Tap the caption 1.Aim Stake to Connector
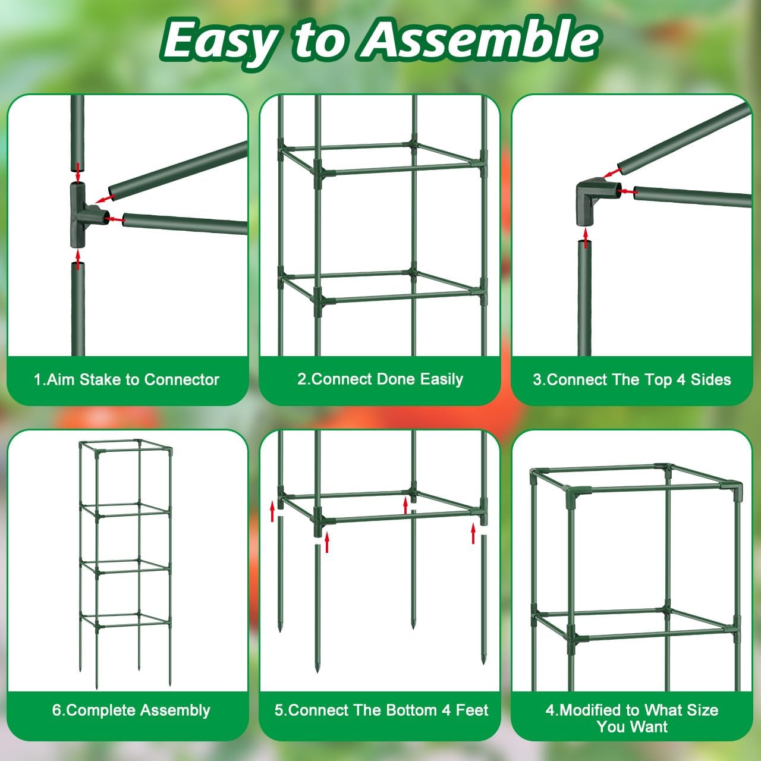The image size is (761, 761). (127, 380)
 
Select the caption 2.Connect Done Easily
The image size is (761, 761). (380, 379)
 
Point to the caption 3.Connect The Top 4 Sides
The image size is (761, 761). (631, 380)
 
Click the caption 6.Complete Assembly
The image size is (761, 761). (131, 710)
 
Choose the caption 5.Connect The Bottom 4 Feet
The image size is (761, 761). (381, 710)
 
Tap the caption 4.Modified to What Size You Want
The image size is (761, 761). (632, 718)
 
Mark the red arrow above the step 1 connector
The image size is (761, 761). (78, 172)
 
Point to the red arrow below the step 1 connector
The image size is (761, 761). (78, 259)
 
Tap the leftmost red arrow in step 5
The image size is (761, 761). (273, 511)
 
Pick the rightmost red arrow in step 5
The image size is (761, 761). (474, 533)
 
